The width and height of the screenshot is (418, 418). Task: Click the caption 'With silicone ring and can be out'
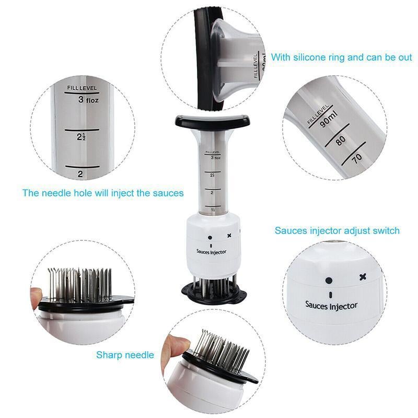[x=341, y=57]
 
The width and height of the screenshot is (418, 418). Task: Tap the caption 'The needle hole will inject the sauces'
[x=103, y=193]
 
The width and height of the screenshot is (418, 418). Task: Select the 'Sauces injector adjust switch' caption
[x=337, y=230]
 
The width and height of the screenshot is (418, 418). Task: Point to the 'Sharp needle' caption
[x=125, y=355]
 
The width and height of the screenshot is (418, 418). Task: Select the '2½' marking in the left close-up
[x=82, y=137]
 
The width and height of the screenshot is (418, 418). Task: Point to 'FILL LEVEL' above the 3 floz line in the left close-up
[x=82, y=88]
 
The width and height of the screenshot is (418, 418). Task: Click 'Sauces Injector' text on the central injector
[x=211, y=251]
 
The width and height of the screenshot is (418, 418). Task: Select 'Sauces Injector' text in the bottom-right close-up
[x=331, y=304]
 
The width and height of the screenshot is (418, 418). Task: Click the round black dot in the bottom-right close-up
[x=329, y=280]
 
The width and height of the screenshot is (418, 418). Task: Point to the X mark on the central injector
[x=229, y=236]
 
